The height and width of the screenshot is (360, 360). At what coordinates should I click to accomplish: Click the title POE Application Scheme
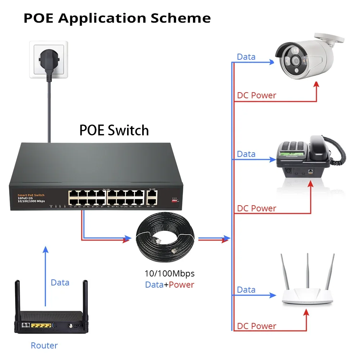pyautogui.click(x=117, y=18)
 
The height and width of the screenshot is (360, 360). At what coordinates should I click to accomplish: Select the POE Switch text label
pyautogui.click(x=114, y=130)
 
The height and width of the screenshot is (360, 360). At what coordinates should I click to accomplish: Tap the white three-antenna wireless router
pyautogui.click(x=307, y=288)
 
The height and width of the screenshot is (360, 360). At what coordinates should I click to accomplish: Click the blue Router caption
pyautogui.click(x=44, y=346)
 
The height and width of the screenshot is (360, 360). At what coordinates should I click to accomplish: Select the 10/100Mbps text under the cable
pyautogui.click(x=169, y=274)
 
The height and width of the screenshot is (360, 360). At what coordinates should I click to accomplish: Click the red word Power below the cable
pyautogui.click(x=181, y=285)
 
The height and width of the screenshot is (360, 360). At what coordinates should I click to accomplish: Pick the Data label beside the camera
pyautogui.click(x=246, y=57)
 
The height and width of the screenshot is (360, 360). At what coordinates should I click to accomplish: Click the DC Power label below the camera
pyautogui.click(x=256, y=95)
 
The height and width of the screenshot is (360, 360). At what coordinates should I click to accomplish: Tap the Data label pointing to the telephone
pyautogui.click(x=246, y=154)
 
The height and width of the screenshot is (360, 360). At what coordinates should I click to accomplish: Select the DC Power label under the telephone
pyautogui.click(x=256, y=208)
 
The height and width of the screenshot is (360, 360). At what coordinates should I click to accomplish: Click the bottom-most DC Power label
pyautogui.click(x=256, y=326)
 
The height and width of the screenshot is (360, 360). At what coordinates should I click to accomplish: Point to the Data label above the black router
pyautogui.click(x=60, y=283)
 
